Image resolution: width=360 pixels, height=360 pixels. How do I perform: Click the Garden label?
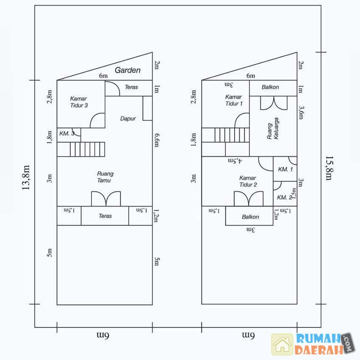[x=127, y=70]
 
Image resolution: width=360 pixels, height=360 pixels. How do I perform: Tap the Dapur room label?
[x=128, y=119]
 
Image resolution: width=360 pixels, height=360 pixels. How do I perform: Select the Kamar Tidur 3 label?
[x=79, y=102]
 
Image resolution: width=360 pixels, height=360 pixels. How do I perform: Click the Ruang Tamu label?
[x=105, y=177]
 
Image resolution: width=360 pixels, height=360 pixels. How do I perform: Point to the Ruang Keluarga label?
[x=273, y=128]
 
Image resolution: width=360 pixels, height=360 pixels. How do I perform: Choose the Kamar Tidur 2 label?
[x=248, y=181]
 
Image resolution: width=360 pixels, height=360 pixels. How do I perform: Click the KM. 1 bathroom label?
[x=285, y=169]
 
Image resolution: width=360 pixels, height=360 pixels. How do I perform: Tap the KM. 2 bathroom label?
[x=285, y=197]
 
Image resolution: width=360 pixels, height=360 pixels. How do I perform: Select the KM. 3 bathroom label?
[x=67, y=133]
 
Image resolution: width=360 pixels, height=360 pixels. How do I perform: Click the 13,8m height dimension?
[x=26, y=177]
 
